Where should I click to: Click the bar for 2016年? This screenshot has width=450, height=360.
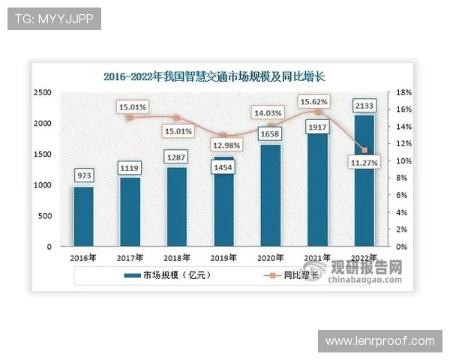84,217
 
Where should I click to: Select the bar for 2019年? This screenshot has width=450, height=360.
224,202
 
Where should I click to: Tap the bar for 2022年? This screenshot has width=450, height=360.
364,181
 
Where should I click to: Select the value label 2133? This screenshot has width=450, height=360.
364,105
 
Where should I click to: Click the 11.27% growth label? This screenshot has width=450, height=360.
364,160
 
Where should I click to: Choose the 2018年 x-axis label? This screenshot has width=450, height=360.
177,257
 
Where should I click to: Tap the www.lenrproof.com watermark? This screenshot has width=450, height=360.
380,341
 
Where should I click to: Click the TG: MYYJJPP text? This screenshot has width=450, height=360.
53,18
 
